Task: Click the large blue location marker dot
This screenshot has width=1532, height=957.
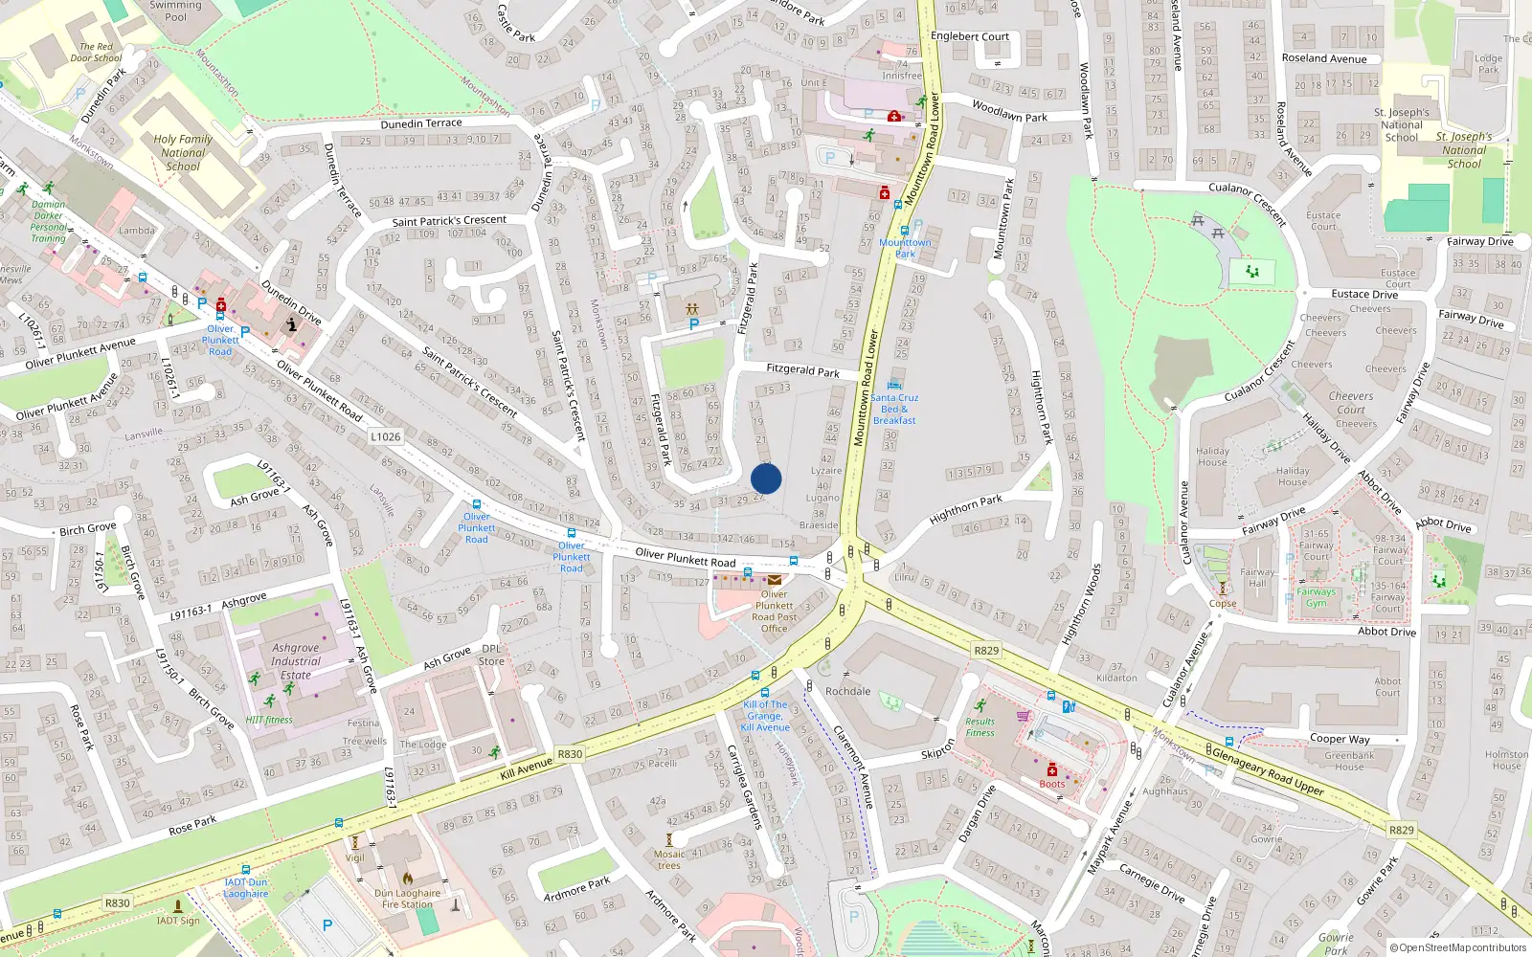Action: point(766,478)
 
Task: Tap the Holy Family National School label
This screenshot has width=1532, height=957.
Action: point(183,152)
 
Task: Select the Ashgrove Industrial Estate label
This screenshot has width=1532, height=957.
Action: point(295,661)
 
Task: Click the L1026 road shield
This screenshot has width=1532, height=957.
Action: point(385,436)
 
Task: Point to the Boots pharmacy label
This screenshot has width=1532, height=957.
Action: point(1052,784)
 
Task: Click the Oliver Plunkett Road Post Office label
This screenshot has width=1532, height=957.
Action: point(774,611)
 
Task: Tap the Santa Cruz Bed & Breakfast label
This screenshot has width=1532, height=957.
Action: point(894,409)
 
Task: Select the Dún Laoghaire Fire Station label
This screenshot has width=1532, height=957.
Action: point(407,899)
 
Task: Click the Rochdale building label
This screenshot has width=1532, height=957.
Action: point(847,691)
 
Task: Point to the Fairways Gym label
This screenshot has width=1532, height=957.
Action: point(1316,597)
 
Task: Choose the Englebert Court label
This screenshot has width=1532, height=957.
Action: point(970,36)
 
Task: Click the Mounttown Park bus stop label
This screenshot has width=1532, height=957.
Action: point(905,248)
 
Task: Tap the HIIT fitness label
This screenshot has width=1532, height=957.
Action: point(269,720)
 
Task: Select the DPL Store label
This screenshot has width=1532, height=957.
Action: point(491,655)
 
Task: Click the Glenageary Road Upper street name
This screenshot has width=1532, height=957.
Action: point(1268,769)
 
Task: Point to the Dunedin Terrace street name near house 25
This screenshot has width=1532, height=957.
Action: point(421,123)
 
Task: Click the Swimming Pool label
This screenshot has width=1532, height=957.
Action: point(176,11)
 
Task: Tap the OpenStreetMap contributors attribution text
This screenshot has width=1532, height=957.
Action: point(1457,947)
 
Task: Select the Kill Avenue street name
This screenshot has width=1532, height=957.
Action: point(527,768)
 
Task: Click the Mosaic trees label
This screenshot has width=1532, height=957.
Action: point(669,859)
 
